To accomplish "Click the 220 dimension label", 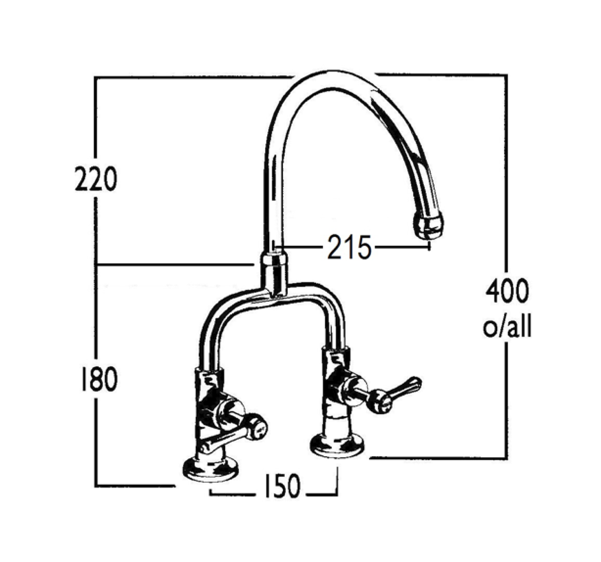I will tap(96, 179).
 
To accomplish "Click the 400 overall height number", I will tap(507, 291).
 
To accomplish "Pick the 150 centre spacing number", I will tap(282, 486).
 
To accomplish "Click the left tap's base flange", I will tap(210, 469).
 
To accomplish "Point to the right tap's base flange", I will tap(339, 444).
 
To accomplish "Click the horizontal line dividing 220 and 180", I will tap(172, 265).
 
